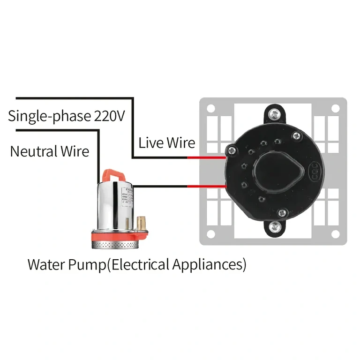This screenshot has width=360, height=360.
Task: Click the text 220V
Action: click(x=109, y=116)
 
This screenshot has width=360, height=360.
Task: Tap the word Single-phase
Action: click(x=50, y=116)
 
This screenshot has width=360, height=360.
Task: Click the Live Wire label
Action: click(x=166, y=142)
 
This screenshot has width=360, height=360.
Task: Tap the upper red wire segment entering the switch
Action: click(x=207, y=157)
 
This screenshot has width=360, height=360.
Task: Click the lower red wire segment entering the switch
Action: click(x=207, y=187)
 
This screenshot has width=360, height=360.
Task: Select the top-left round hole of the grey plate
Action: click(x=210, y=108)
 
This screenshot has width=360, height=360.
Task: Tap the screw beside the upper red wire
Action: click(x=231, y=150)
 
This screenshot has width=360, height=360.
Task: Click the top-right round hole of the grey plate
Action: click(x=335, y=108)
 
